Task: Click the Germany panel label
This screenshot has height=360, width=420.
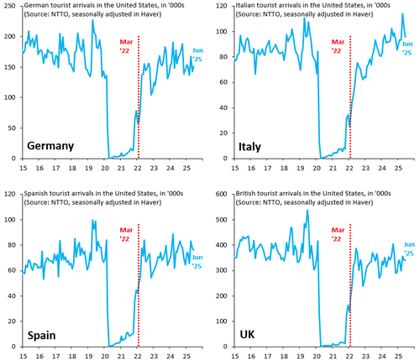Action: pyautogui.click(x=50, y=146)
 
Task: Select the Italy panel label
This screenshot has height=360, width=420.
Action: pyautogui.click(x=249, y=147)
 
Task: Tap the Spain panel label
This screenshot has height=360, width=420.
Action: pyautogui.click(x=41, y=336)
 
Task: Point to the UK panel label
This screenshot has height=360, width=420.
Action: pyautogui.click(x=247, y=334)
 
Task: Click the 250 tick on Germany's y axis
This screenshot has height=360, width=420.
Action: pyautogui.click(x=10, y=6)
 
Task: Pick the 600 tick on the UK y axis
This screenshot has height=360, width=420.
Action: pyautogui.click(x=221, y=194)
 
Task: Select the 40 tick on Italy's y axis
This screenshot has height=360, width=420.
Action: pyautogui.click(x=223, y=107)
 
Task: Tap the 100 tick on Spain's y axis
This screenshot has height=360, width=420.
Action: pyautogui.click(x=10, y=220)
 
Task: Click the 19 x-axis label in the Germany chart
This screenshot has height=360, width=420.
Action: pyautogui.click(x=88, y=168)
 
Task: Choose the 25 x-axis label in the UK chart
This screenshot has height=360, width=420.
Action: pyautogui.click(x=398, y=356)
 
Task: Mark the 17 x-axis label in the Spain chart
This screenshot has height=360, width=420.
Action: pyautogui.click(x=56, y=356)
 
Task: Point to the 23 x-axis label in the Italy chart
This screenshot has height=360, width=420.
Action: pyautogui.click(x=365, y=168)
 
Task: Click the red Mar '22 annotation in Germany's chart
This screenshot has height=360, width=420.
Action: pyautogui.click(x=126, y=46)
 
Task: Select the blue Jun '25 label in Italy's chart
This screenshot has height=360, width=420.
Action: pyautogui.click(x=407, y=48)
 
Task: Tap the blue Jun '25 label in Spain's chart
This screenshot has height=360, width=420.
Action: pyautogui.click(x=197, y=262)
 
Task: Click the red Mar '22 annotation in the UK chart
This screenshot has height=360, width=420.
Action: pyautogui.click(x=338, y=234)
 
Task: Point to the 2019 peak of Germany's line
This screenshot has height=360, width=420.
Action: pyautogui.click(x=92, y=20)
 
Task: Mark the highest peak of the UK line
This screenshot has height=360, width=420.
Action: pyautogui.click(x=307, y=211)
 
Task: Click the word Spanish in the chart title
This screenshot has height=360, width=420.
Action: pyautogui.click(x=34, y=194)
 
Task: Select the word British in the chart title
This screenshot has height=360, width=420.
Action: pyautogui.click(x=244, y=193)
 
